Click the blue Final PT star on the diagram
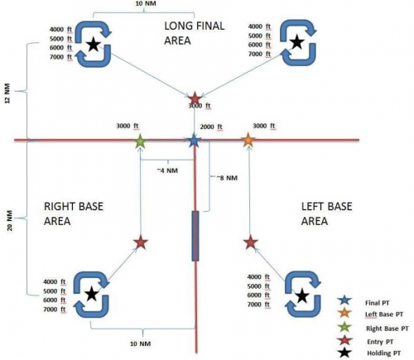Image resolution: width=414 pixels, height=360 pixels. coord(195,141)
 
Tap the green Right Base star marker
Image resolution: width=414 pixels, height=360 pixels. coord(140,141)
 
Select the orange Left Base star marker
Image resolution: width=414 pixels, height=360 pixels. coord(248,140)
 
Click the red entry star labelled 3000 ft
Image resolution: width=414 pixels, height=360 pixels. coord(195,99)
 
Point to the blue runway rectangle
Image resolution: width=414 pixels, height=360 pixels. coord(195,236)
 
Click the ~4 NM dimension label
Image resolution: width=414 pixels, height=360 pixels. coord(167,170)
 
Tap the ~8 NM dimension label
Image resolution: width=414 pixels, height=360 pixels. coord(227,178)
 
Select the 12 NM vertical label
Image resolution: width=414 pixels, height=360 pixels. coord(7,94)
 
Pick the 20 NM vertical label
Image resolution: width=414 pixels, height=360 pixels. coord(9,220)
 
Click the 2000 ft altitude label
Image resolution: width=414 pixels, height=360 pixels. coord(211,127)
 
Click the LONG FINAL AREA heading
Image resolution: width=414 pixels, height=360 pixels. coord(195,33)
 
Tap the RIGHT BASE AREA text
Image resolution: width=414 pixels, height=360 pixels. coord(74,214)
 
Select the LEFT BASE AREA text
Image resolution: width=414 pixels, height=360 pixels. coord(326,214)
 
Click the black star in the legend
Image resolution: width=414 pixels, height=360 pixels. coord(345,353)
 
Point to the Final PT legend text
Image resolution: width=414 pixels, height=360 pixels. coord(378,303)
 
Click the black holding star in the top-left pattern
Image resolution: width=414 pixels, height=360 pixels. coord(94,45)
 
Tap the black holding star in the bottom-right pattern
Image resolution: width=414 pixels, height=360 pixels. coord(302,295)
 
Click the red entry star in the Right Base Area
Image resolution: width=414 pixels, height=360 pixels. coord(141,243)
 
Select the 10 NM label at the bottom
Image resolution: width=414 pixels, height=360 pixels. coord(141,343)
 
